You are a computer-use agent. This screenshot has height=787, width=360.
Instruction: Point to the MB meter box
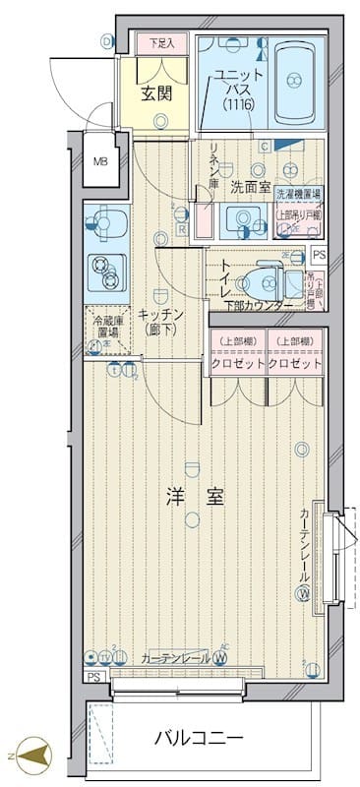[x=99, y=162]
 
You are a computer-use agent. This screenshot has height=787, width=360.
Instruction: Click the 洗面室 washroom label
[x=250, y=184]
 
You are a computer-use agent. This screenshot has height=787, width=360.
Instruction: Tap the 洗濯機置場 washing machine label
[x=297, y=195]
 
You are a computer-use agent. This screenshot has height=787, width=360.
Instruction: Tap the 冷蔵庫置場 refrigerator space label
[x=106, y=327]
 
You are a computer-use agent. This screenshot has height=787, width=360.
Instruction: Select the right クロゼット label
[x=295, y=363]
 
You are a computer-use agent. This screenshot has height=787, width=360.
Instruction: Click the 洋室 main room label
[x=195, y=498]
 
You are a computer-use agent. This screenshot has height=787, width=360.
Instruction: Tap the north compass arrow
[x=32, y=757]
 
